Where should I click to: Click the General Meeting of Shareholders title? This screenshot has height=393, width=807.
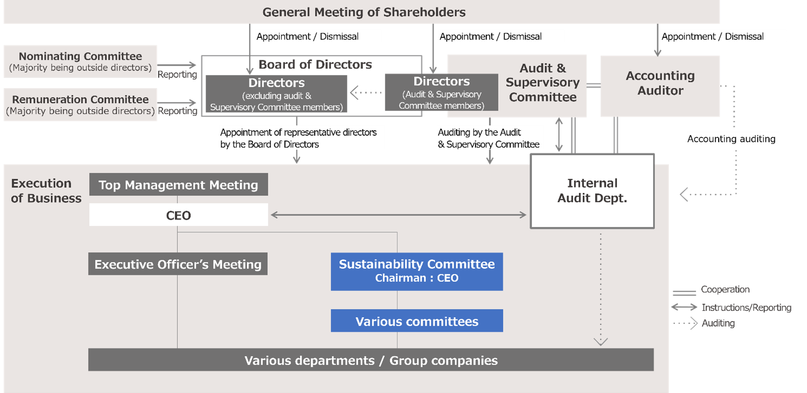point(364,12)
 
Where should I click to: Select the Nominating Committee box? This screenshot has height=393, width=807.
point(80,61)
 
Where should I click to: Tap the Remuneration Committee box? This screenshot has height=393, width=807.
point(80,104)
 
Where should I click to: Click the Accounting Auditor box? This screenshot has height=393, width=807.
point(660,86)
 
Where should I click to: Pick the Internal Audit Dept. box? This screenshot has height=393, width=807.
point(592,190)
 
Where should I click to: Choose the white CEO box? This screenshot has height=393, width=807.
point(179,215)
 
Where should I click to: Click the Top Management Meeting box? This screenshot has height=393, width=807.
point(179,185)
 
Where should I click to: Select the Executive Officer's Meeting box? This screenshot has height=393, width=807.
point(178,264)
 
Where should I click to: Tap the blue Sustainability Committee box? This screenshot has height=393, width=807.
point(417,271)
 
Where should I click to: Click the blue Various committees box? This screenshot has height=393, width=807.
point(417,321)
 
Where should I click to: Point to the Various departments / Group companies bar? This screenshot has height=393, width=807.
point(371,360)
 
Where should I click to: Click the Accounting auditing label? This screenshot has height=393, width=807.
point(732,138)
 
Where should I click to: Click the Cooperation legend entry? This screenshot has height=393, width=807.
point(725,289)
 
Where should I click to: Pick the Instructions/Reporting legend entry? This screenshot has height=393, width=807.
point(746,307)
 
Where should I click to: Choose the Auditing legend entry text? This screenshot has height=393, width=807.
point(718,323)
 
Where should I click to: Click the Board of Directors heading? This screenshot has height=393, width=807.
point(315,65)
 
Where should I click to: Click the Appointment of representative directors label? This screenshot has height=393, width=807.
point(298,138)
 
